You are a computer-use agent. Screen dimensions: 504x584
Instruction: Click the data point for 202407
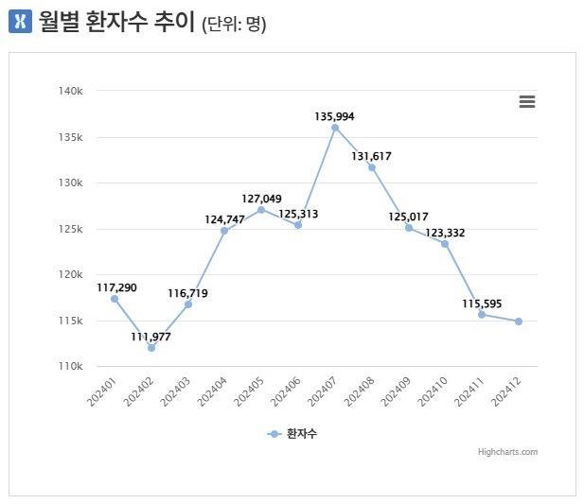click(335, 128)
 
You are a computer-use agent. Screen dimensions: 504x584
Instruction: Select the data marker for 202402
click(151, 347)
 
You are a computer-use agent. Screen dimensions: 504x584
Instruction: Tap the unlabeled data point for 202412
click(519, 322)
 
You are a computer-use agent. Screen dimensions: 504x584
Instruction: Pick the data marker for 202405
click(261, 209)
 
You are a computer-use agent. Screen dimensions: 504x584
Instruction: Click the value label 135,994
click(335, 116)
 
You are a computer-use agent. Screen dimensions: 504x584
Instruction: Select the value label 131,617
click(371, 156)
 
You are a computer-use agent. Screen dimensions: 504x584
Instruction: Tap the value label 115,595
click(482, 304)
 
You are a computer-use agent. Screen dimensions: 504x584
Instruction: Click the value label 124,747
click(224, 219)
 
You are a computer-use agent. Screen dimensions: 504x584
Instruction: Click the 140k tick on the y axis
click(71, 91)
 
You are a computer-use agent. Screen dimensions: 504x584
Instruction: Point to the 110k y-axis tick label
click(71, 366)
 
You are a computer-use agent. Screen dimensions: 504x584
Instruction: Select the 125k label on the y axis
click(71, 229)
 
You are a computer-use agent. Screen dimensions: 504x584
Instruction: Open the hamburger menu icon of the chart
click(527, 102)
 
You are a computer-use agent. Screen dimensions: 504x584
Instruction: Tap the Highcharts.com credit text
click(507, 452)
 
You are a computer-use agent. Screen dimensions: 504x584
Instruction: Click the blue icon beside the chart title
click(20, 22)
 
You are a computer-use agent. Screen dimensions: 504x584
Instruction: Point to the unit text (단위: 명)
click(234, 24)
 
